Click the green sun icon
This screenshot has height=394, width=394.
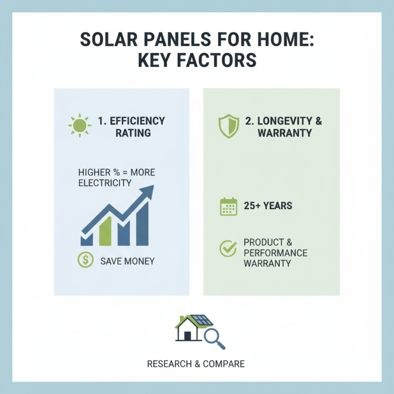tap(79, 126)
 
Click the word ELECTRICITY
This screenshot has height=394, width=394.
tap(105, 183)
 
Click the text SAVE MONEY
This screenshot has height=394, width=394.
tap(127, 261)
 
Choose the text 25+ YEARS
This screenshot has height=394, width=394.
tap(268, 206)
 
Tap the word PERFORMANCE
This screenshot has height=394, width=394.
tap(275, 253)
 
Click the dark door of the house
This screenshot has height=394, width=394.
tap(188, 336)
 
